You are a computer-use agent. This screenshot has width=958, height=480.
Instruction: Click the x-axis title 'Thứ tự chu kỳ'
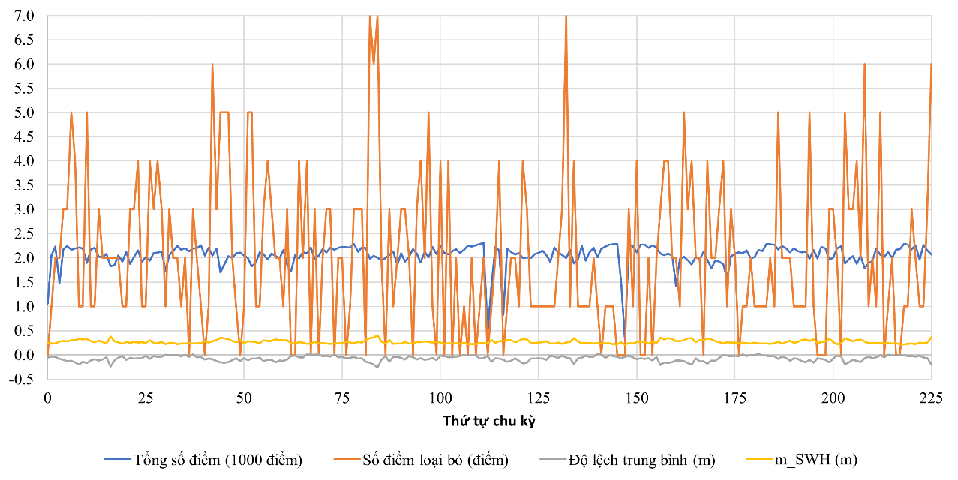(x=488, y=421)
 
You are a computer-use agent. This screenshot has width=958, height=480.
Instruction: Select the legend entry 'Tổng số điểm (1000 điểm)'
(x=218, y=460)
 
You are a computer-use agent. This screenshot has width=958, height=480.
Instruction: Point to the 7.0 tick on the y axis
(x=24, y=16)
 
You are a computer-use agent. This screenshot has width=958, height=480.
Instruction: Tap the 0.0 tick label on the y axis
(x=24, y=355)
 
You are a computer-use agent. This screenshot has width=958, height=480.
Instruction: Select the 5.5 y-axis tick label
(x=24, y=88)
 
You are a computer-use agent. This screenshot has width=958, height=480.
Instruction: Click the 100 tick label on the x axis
(x=440, y=397)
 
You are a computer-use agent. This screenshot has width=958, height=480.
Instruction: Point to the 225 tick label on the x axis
(x=931, y=397)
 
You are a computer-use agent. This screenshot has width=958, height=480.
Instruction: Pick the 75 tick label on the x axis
(x=342, y=397)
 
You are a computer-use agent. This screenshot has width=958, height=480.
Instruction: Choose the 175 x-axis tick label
(x=734, y=397)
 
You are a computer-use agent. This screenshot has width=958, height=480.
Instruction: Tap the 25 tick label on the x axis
(x=146, y=397)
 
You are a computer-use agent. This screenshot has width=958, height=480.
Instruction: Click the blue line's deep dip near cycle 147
(x=625, y=339)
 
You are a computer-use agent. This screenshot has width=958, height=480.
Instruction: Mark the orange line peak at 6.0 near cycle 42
(x=212, y=64)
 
